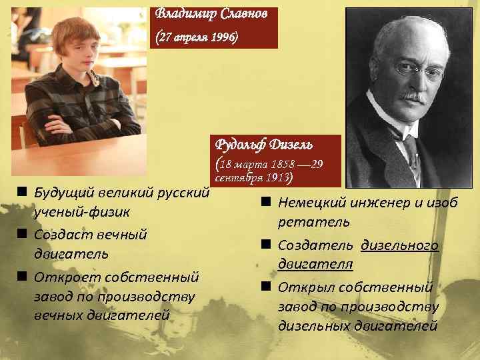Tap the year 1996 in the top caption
pyautogui.click(x=220, y=38)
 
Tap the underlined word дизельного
pyautogui.click(x=400, y=245)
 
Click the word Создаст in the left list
pyautogui.click(x=63, y=235)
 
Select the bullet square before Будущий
pyautogui.click(x=22, y=193)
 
